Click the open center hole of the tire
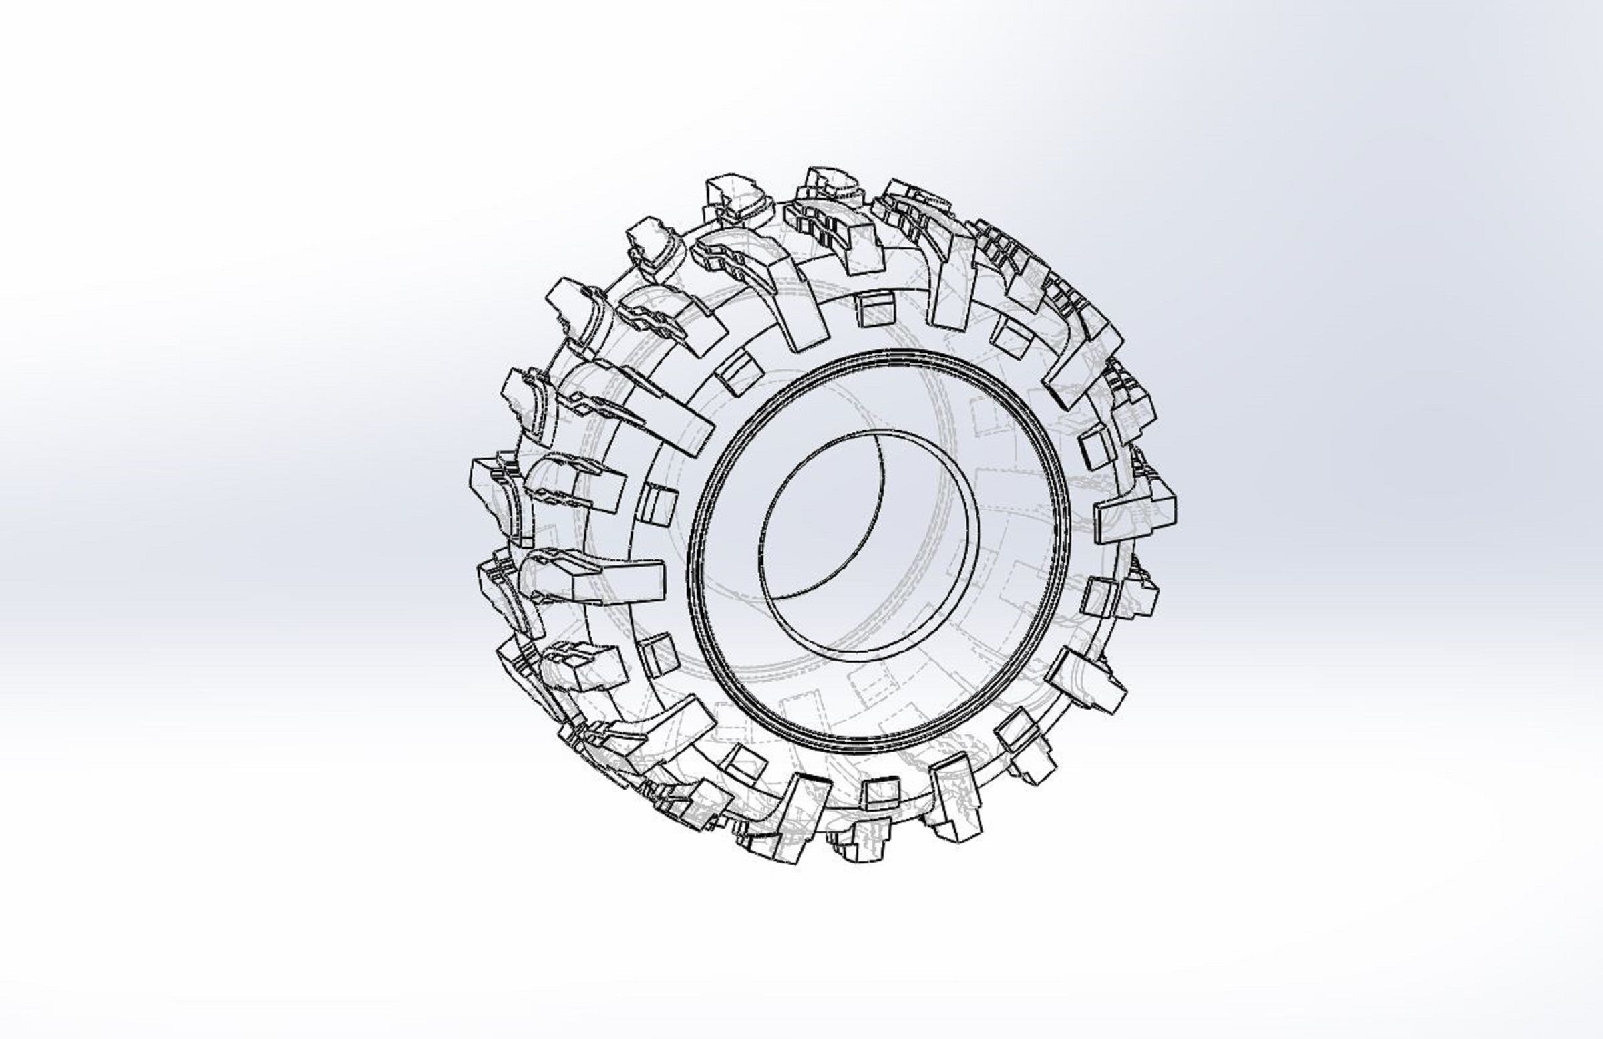tap(869, 546)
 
